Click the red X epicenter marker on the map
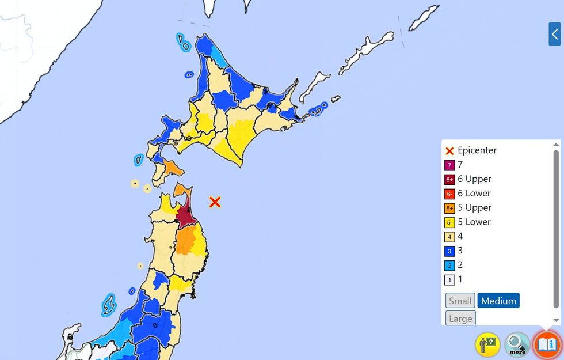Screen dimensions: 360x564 pos(215,202)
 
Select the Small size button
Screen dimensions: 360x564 pos(460,301)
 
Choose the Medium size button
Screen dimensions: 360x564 pos(498,301)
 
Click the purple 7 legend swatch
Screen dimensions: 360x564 pos(450,165)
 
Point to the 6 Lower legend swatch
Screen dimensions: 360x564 pos(450,194)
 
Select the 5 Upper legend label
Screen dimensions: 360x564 pos(474,207)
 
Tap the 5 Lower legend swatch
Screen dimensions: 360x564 pos(450,222)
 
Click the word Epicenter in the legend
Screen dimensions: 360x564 pos(477,150)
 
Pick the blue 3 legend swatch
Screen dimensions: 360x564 pos(450,251)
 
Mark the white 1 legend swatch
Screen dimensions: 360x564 pos(450,280)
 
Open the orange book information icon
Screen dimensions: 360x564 pos(547,344)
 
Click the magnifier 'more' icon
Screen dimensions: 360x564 pos(517,344)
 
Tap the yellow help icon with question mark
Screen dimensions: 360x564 pos(487,344)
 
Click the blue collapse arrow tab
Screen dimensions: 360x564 pos(554,34)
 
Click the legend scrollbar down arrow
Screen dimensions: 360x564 pos(556,320)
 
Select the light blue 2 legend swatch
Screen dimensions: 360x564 pos(450,266)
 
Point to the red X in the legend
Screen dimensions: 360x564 pos(450,151)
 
